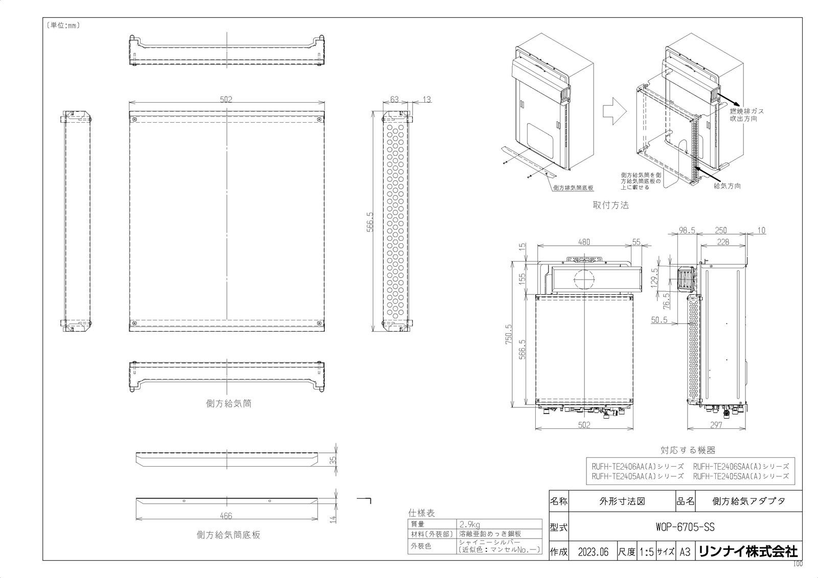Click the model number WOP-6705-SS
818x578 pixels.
click(685, 527)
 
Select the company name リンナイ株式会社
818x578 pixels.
click(748, 552)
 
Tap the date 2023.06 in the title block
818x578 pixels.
click(594, 552)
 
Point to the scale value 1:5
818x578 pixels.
click(646, 552)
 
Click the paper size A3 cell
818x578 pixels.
click(685, 552)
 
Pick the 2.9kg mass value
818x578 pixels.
click(470, 525)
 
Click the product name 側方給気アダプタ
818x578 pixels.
click(748, 501)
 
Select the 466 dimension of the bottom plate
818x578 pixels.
click(226, 516)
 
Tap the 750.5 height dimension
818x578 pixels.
click(509, 334)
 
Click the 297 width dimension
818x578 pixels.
click(716, 425)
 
